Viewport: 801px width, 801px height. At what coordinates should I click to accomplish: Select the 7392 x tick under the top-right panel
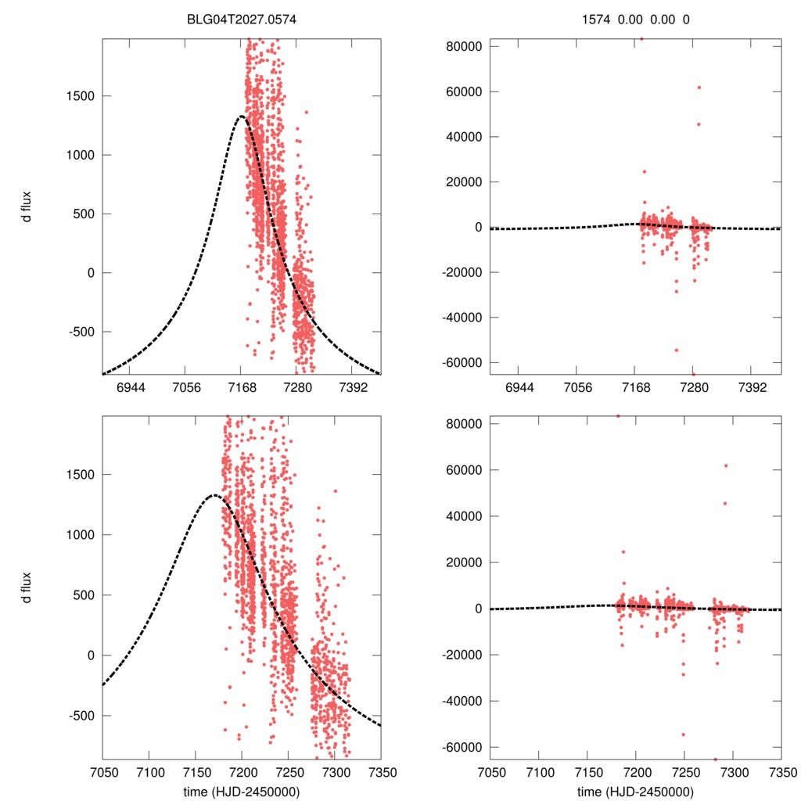[752, 387]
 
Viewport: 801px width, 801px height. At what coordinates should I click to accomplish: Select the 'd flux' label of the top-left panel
[27, 206]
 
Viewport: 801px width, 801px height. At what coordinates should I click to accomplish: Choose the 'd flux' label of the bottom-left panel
[27, 587]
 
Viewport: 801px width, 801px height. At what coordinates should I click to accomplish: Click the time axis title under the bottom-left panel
[242, 792]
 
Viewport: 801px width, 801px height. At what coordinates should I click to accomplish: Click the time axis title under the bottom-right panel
[635, 792]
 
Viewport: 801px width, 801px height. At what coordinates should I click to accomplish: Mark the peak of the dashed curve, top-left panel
[241, 117]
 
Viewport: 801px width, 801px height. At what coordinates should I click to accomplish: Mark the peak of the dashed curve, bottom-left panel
[213, 495]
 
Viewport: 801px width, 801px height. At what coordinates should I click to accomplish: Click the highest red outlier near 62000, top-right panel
[699, 88]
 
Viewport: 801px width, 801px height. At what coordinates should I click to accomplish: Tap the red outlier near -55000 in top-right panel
[677, 350]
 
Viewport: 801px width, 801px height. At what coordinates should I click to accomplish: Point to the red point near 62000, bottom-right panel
[726, 465]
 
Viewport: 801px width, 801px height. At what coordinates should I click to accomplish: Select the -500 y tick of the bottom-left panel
[79, 716]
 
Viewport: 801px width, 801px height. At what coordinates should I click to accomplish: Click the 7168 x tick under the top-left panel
[241, 387]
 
